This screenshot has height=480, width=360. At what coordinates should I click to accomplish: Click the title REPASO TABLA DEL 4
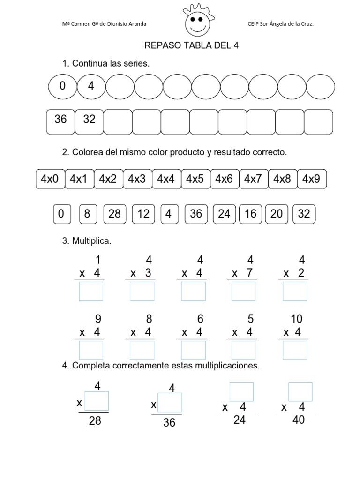[188, 45]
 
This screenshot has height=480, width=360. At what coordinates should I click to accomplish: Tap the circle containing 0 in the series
[62, 87]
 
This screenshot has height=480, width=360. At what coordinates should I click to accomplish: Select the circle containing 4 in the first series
[91, 87]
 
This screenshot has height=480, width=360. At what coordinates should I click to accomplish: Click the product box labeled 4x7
[254, 179]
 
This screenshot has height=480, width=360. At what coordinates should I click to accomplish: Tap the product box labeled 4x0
[50, 179]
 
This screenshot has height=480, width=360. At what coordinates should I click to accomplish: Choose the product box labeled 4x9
[312, 179]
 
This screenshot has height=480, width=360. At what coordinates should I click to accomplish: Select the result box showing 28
[114, 214]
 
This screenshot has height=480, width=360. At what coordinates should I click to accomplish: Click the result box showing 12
[143, 214]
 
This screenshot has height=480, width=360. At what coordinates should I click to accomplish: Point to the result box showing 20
[277, 214]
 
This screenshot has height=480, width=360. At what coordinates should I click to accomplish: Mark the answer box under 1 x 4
[91, 291]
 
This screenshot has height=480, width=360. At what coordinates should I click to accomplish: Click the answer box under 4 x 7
[244, 291]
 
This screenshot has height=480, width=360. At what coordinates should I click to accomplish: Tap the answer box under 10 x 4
[295, 350]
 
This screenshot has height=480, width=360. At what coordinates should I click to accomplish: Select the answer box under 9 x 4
[91, 350]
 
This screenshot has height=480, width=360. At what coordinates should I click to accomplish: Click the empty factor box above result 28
[97, 401]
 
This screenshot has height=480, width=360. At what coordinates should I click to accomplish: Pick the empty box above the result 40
[300, 392]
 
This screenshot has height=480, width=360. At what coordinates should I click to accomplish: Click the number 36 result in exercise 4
[169, 423]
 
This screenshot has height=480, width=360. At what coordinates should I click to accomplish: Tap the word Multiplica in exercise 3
[91, 241]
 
